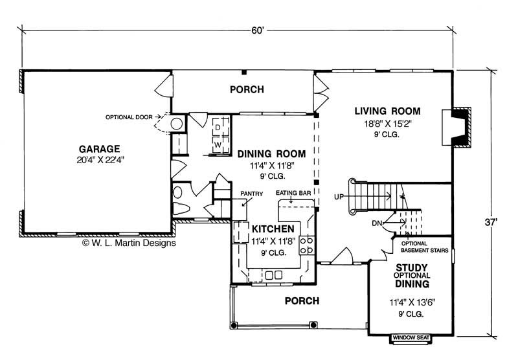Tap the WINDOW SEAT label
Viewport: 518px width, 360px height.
point(413,337)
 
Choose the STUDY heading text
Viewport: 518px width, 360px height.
point(412,267)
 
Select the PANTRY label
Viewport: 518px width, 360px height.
point(251,193)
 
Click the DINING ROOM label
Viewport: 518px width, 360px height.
point(271,153)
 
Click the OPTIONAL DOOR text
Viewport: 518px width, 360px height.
point(129,117)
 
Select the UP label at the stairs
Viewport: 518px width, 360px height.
point(339,196)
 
